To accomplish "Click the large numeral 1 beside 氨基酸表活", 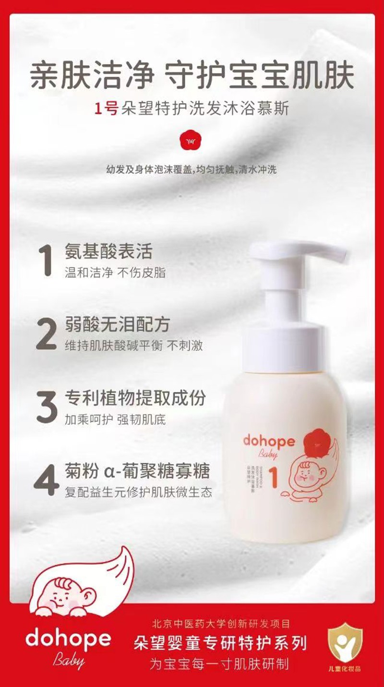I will [46, 261].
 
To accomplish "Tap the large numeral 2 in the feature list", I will [47, 333].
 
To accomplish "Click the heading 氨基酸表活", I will [108, 252].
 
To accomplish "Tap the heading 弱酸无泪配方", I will [117, 325].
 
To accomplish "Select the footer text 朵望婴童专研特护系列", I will [220, 643].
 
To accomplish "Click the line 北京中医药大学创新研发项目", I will [220, 624].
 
